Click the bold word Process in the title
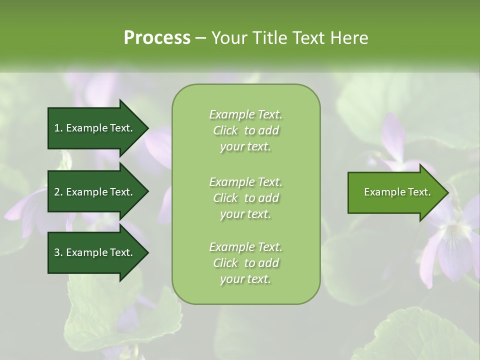pyautogui.click(x=157, y=38)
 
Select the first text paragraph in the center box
pyautogui.click(x=245, y=130)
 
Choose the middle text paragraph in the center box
pyautogui.click(x=245, y=198)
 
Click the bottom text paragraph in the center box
pyautogui.click(x=245, y=263)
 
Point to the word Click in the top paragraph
pyautogui.click(x=225, y=131)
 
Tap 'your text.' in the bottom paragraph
pyautogui.click(x=245, y=279)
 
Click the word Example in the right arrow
pyautogui.click(x=381, y=192)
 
